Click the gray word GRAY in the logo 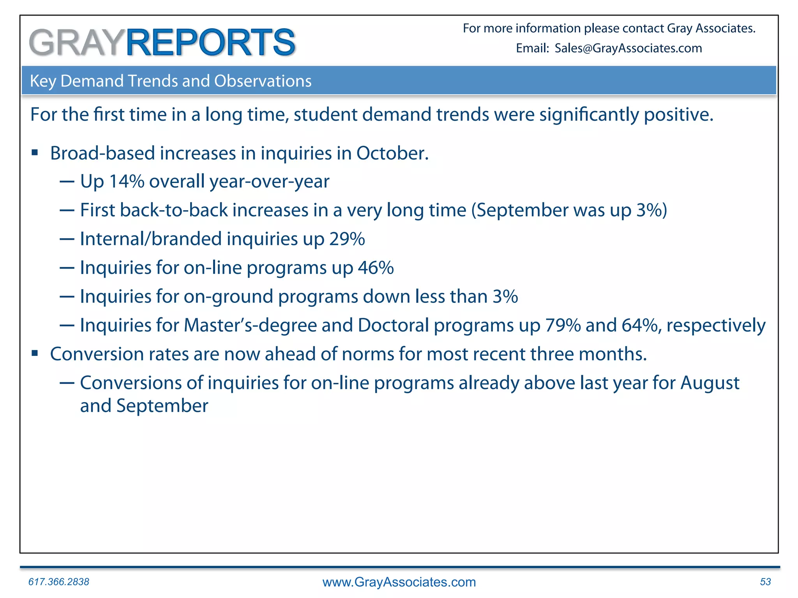(76, 42)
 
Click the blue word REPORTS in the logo (210, 42)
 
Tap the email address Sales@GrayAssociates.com (628, 48)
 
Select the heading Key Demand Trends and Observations (171, 81)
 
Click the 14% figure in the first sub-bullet (127, 181)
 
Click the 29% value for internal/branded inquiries (347, 239)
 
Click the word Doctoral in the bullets (393, 325)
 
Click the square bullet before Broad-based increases (35, 153)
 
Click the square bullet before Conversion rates (35, 354)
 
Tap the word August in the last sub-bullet (710, 383)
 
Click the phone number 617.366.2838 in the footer (59, 582)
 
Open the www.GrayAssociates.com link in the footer (399, 582)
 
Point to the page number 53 (765, 582)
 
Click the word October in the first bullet (392, 153)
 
